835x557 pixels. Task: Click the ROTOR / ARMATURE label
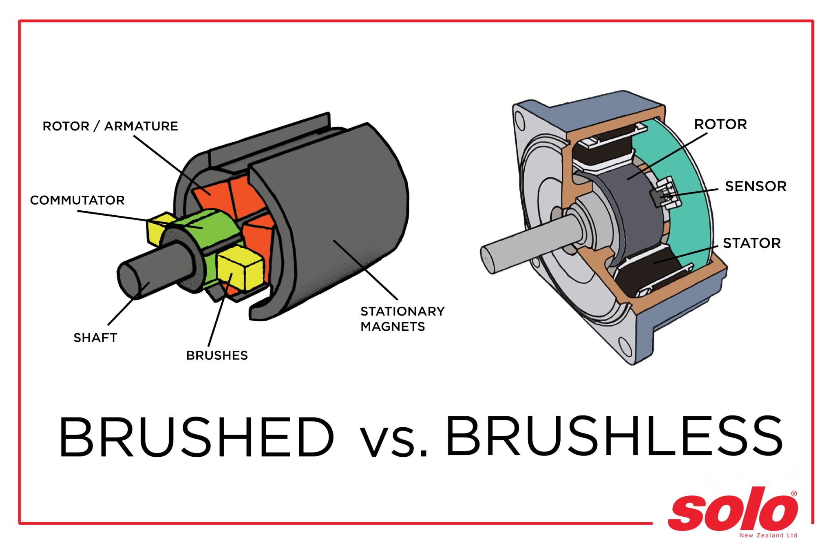pyautogui.click(x=110, y=126)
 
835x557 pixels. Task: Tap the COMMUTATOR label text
pyautogui.click(x=77, y=200)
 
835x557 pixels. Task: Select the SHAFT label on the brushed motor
pyautogui.click(x=95, y=338)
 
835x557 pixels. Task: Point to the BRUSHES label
pyautogui.click(x=216, y=355)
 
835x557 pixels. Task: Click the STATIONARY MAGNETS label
pyautogui.click(x=402, y=319)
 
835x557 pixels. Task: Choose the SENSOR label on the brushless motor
pyautogui.click(x=755, y=186)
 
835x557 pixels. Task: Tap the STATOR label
pyautogui.click(x=751, y=243)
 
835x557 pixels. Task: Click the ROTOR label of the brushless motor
pyautogui.click(x=720, y=124)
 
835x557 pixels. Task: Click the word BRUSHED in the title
pyautogui.click(x=196, y=437)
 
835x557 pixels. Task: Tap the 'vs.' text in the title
pyautogui.click(x=393, y=441)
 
